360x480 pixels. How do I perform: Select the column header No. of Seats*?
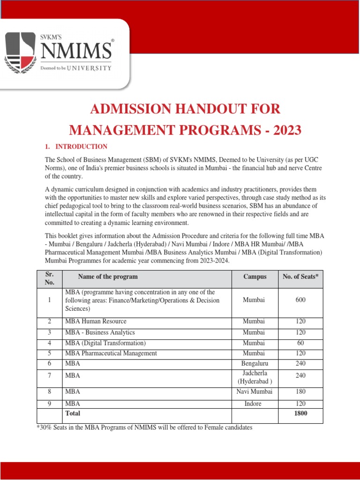300,277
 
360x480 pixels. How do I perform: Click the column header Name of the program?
108,277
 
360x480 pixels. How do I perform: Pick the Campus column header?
255,277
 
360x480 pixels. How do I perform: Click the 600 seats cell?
300,300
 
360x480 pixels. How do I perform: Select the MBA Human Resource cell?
96,322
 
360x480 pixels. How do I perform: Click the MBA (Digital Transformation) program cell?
105,343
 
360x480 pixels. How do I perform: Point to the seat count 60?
300,343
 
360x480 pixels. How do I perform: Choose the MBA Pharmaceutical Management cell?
111,353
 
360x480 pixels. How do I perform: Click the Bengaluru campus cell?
255,363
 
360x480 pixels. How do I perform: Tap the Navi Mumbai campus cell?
255,391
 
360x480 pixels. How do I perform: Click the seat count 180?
300,391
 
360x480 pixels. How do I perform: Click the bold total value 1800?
300,413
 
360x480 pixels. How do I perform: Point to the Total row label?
73,413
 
